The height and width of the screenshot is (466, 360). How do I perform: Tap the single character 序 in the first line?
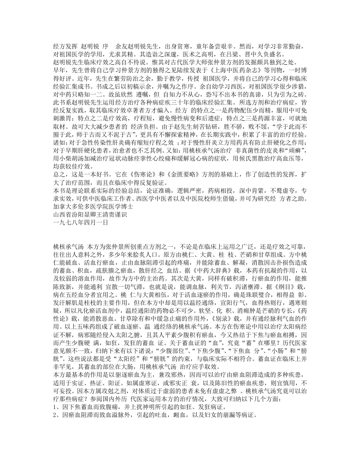point(105,45)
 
